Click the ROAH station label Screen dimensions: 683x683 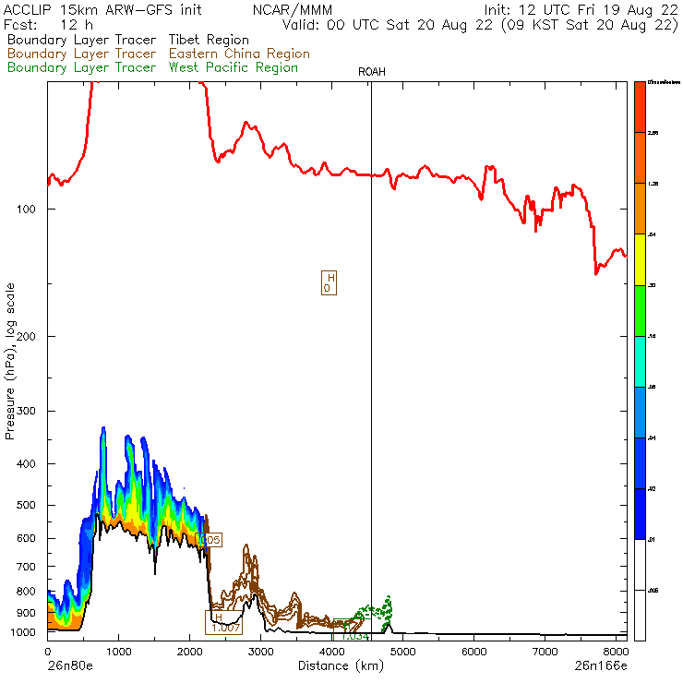(x=370, y=72)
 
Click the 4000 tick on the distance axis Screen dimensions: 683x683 (x=332, y=651)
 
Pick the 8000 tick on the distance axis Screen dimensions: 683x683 (x=617, y=651)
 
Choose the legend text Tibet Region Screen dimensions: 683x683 (x=209, y=40)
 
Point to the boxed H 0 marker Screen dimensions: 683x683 (x=328, y=282)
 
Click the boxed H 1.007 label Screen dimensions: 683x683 (x=223, y=623)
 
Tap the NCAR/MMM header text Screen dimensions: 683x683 (x=282, y=9)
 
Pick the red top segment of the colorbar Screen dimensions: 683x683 (x=639, y=107)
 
